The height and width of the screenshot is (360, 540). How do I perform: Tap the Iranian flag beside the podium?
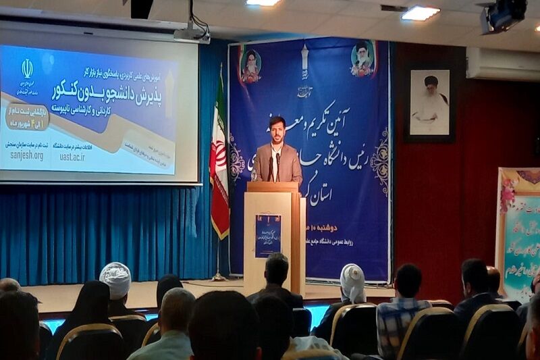tap(219, 162)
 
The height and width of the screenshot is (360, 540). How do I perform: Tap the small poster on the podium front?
tap(268, 235)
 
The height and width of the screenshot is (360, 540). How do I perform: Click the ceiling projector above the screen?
tap(191, 32)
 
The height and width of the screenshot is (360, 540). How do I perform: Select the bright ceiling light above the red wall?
tap(420, 13)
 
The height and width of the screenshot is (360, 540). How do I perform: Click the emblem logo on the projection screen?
tap(27, 68)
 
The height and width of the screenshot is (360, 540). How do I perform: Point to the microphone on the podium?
tap(277, 165)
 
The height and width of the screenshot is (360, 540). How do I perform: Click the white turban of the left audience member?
tap(115, 280)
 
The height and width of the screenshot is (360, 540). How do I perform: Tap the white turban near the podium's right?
tap(352, 282)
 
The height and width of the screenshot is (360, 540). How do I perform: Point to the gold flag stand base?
tap(218, 276)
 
